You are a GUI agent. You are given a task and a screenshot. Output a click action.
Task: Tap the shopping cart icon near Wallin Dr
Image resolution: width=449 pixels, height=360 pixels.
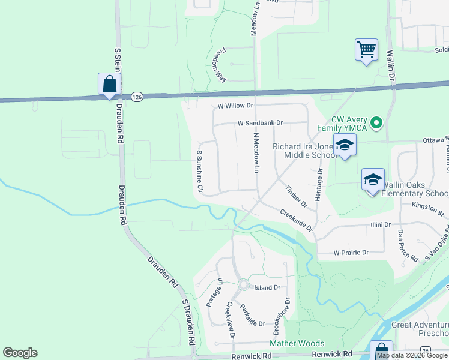pos(366,49)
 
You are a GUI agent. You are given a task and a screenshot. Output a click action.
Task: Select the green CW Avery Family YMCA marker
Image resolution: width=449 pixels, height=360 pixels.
pos(376,124)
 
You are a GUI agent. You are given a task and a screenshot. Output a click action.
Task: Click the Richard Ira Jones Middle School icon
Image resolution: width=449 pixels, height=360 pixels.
pos(345,145)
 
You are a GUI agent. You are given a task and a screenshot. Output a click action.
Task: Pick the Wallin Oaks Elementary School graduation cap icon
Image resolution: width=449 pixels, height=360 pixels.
pos(373,179)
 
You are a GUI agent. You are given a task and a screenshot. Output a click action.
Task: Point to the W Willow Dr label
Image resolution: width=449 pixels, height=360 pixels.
pos(235,106)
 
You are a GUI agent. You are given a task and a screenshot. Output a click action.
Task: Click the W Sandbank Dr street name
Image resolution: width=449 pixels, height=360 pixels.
pos(259,122)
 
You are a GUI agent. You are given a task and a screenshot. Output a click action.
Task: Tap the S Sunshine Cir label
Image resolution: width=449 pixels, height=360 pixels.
pos(200,171)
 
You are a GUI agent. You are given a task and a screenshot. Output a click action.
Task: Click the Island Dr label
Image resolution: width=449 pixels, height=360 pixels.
pos(268,287)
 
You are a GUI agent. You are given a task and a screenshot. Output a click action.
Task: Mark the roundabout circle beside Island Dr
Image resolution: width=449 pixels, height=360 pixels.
pos(244,284)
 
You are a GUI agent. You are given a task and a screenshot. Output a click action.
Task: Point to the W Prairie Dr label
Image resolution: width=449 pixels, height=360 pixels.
pos(351,253)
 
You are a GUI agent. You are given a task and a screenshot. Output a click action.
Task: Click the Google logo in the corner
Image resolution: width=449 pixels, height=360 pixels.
pos(20,353)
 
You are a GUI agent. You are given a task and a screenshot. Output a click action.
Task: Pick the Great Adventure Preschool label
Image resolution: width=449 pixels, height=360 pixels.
pos(420,329)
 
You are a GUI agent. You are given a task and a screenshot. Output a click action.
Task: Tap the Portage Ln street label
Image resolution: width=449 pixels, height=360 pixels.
pos(214,292)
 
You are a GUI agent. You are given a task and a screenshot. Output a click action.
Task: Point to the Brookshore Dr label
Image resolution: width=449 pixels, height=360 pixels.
pos(282,316)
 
